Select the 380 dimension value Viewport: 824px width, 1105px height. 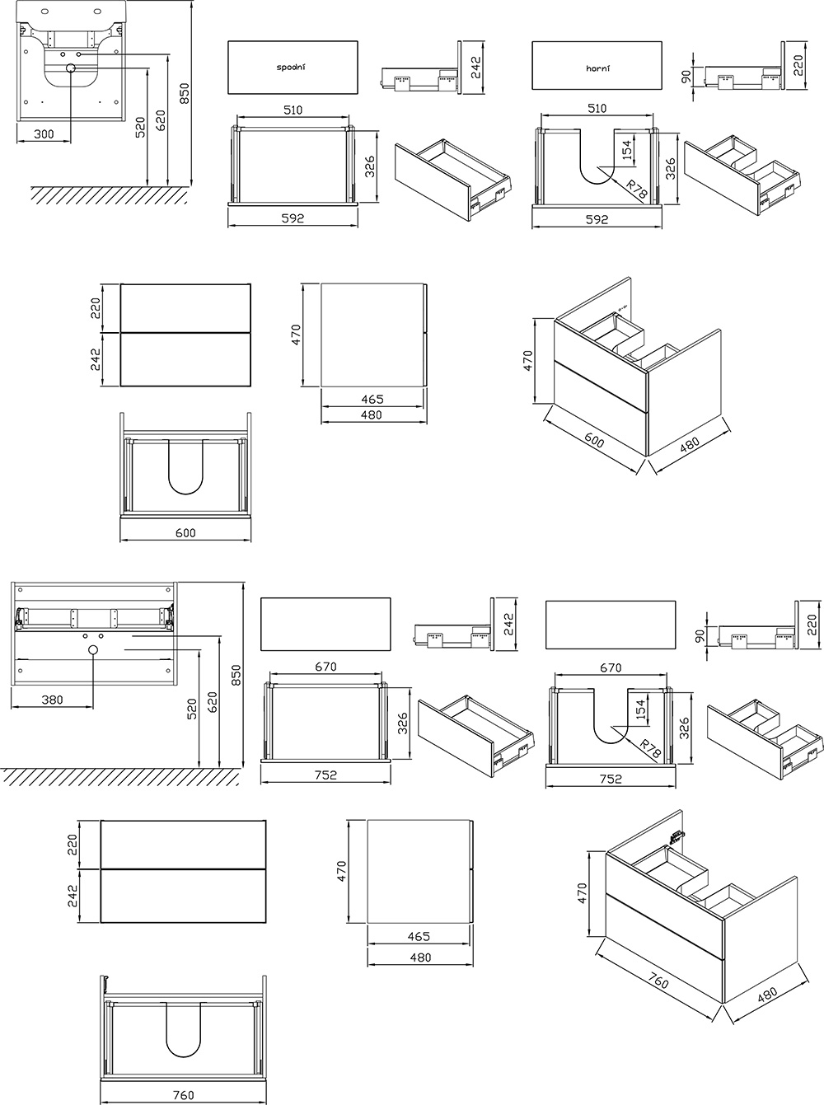click(52, 700)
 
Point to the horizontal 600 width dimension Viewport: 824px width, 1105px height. click(185, 532)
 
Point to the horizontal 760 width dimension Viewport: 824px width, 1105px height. click(185, 1095)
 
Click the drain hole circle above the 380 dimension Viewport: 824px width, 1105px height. click(92, 651)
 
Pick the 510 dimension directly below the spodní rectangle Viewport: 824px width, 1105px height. click(293, 110)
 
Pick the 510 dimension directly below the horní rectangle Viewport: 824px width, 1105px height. click(597, 109)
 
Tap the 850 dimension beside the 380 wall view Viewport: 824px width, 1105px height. click(235, 675)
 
